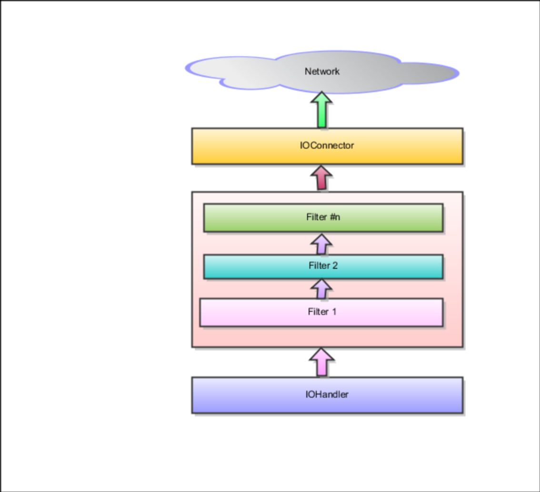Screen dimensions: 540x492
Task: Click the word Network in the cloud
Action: pyautogui.click(x=322, y=71)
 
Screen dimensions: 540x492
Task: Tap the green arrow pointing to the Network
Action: pyautogui.click(x=322, y=112)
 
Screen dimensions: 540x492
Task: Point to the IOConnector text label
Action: pyautogui.click(x=327, y=146)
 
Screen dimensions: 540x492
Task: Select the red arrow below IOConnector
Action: pyautogui.click(x=322, y=178)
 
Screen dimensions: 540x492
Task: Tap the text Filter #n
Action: pyautogui.click(x=323, y=217)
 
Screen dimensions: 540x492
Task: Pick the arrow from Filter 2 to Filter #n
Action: pyautogui.click(x=322, y=244)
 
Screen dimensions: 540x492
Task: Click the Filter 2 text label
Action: pyautogui.click(x=323, y=266)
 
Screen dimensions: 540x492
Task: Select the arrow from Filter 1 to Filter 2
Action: pyautogui.click(x=322, y=289)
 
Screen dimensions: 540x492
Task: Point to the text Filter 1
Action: pyautogui.click(x=322, y=312)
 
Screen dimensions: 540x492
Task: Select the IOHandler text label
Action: pyautogui.click(x=327, y=394)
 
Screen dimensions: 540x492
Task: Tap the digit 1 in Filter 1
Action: pyautogui.click(x=334, y=312)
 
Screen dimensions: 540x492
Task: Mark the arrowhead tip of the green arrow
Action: pyautogui.click(x=322, y=93)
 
